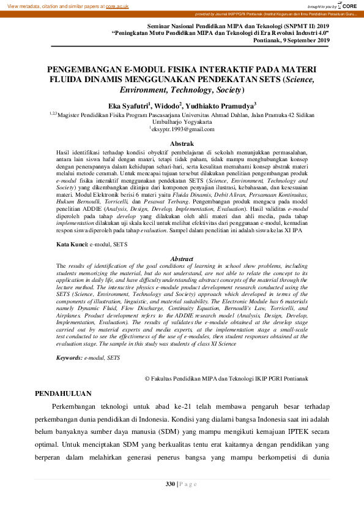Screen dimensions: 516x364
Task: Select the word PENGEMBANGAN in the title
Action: point(84,70)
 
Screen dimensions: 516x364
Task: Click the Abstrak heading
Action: point(182,143)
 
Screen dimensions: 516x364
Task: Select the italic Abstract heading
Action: point(182,259)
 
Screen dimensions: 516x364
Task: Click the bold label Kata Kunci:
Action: point(72,244)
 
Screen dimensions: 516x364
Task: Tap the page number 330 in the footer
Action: point(171,485)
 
